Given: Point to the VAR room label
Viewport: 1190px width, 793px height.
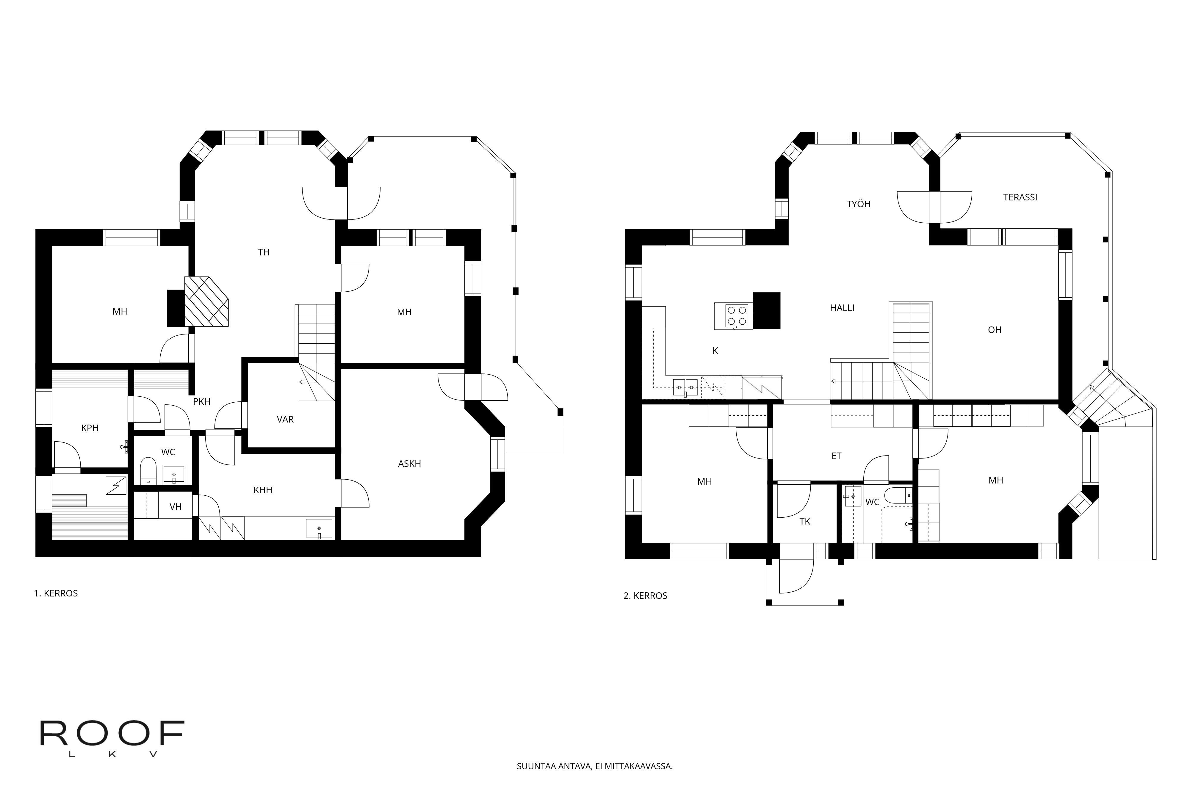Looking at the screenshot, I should coord(285,419).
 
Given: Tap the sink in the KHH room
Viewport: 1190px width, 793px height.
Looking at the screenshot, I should coord(319,528).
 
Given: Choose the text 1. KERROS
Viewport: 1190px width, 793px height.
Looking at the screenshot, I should coord(56,593).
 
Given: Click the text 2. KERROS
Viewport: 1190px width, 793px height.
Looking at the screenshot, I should coord(645,596).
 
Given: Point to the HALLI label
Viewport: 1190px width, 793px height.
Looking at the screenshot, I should coord(842,307).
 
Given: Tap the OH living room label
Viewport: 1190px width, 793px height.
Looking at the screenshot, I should coord(994,330).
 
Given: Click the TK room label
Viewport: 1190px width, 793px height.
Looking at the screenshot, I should coord(804,522).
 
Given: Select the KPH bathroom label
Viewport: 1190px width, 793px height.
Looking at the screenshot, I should coord(90,428).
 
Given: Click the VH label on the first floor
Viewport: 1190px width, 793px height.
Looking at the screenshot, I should coord(175,507).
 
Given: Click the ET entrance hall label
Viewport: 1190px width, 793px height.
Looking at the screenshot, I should coord(836,456).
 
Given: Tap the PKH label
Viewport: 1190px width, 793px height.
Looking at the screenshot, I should coord(201,402).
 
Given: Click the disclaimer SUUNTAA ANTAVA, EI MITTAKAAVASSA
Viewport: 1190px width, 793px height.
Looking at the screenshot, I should coord(594,766).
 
